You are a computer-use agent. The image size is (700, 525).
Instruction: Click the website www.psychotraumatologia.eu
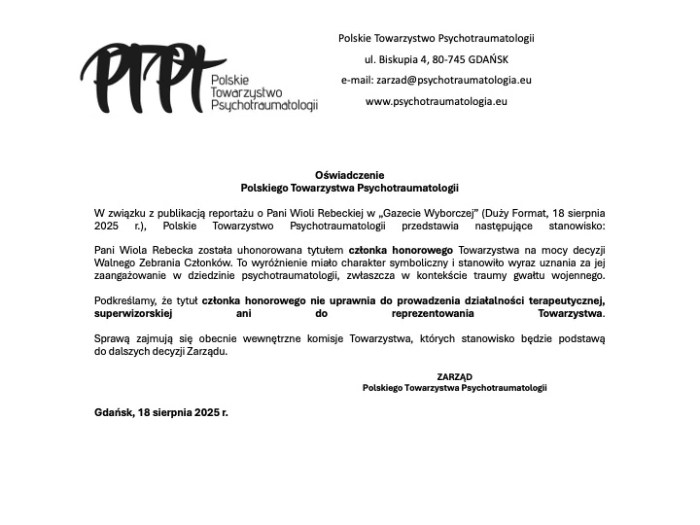pyautogui.click(x=437, y=101)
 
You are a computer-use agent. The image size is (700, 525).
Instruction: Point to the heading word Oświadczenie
pyautogui.click(x=349, y=174)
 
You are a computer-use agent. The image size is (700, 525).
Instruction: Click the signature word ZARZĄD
pyautogui.click(x=454, y=375)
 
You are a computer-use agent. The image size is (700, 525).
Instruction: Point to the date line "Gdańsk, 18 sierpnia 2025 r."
pyautogui.click(x=160, y=412)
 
